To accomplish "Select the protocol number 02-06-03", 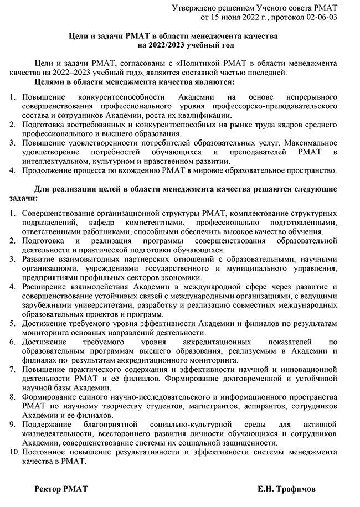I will click(318, 17).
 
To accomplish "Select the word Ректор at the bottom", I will click(47, 489).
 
